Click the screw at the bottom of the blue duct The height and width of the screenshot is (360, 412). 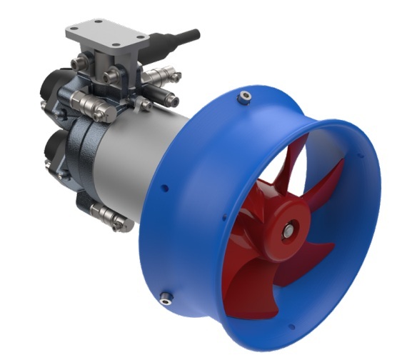(x=166, y=297)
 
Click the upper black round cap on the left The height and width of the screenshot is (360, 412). (x=51, y=86)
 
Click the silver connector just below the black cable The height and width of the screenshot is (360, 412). (x=161, y=75)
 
